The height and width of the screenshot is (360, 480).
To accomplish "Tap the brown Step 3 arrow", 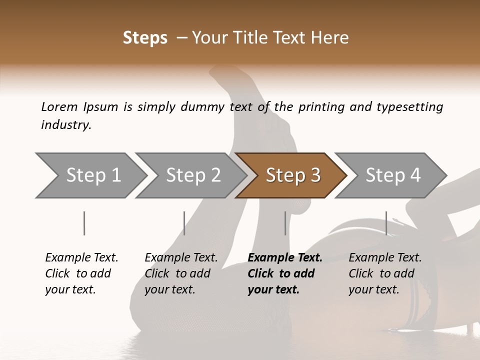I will (x=293, y=175).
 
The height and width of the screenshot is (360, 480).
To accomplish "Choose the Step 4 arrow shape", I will (x=393, y=175).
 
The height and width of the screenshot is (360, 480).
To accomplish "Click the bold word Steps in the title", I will (x=145, y=38).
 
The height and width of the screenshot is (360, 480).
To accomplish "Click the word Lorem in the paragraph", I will (x=59, y=106).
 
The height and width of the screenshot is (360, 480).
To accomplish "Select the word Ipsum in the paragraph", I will (x=100, y=106).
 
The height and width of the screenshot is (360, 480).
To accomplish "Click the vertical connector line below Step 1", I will (x=84, y=223).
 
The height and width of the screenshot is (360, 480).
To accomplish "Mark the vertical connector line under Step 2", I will (x=184, y=223).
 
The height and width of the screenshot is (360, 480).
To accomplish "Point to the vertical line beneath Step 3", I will (x=285, y=223).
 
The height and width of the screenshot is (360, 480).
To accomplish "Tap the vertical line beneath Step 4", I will (x=386, y=223).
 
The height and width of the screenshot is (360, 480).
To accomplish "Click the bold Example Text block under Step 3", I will (x=285, y=273).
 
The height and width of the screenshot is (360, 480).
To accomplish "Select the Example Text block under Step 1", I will (x=81, y=273).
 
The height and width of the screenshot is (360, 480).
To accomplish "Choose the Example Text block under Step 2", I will (x=181, y=273).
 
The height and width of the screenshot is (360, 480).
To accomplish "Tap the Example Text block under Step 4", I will (x=385, y=273).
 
